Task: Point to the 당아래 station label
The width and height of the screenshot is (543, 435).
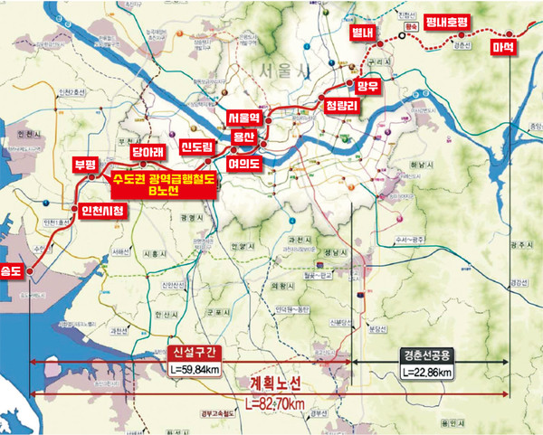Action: pyautogui.click(x=148, y=154)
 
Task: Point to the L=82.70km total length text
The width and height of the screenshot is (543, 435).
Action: pyautogui.click(x=280, y=402)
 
